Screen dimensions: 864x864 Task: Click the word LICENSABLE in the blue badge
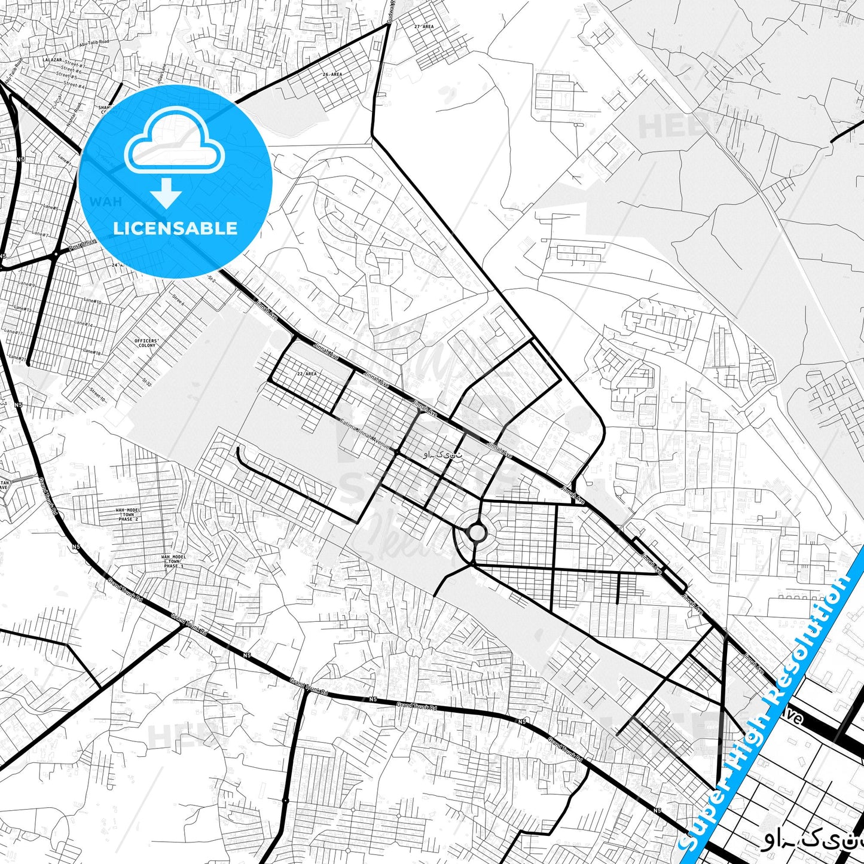[x=175, y=228]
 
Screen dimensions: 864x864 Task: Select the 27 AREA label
[x=424, y=27]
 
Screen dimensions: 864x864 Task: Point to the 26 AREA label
[x=332, y=74]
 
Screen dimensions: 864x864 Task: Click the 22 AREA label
[x=307, y=374]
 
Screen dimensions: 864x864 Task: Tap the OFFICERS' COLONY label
[x=146, y=343]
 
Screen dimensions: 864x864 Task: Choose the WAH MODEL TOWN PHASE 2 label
[x=128, y=514]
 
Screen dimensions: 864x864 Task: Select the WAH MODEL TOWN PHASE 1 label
[x=173, y=561]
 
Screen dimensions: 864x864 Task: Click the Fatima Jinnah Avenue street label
[x=365, y=434]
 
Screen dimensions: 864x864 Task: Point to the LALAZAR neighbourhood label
[x=53, y=60]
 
